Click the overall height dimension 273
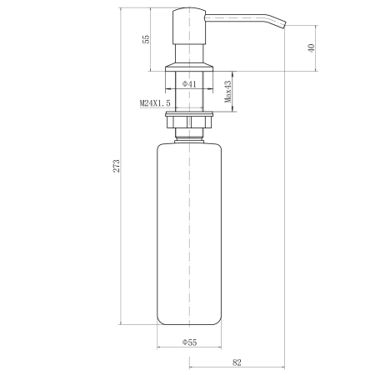coord(117,166)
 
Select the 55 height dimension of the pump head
coord(146,39)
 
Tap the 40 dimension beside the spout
coord(311,47)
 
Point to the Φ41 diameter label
coord(189,84)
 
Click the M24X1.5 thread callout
coord(155,103)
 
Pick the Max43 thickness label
coord(227,92)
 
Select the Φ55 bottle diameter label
coord(189,342)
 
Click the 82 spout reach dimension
coord(237,362)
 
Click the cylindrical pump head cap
coord(189,26)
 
